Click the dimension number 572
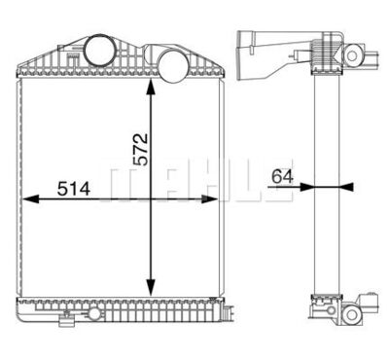point(142,149)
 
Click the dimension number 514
point(74,189)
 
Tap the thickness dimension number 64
point(282,176)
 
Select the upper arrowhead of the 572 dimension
point(151,87)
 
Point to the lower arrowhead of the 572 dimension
point(151,288)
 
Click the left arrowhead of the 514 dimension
point(30,198)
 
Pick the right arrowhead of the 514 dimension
point(209,198)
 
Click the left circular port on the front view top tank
point(98,51)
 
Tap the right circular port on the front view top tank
point(173,66)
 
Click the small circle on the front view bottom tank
point(94,313)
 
